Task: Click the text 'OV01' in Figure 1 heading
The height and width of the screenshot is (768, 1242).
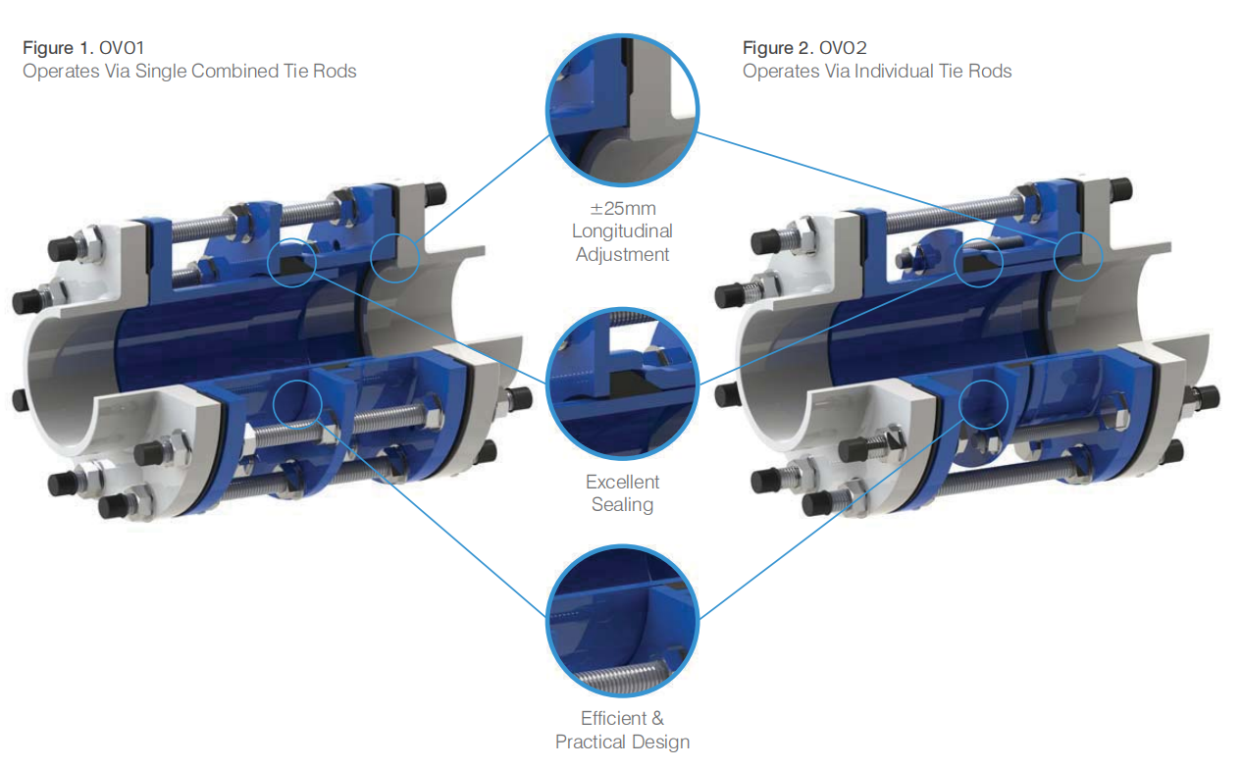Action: click(122, 48)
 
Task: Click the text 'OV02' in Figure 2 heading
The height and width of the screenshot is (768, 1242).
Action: click(843, 48)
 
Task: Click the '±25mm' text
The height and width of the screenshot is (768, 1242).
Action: click(623, 209)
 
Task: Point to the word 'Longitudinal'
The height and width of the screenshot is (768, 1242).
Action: click(622, 231)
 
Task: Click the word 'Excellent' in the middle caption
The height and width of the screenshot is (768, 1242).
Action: click(622, 482)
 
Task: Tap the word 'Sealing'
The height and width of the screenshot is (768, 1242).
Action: click(622, 504)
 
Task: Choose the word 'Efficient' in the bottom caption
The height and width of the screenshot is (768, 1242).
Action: click(613, 719)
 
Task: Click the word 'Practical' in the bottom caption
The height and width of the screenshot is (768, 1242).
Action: click(590, 742)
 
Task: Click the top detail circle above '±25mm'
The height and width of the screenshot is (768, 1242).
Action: click(623, 36)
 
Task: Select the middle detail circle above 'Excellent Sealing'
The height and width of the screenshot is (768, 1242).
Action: click(623, 310)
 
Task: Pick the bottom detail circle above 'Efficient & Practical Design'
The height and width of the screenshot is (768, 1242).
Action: click(623, 546)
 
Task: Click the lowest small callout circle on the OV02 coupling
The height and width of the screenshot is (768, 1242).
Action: click(983, 381)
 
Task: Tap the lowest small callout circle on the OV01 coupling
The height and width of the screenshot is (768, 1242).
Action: click(297, 381)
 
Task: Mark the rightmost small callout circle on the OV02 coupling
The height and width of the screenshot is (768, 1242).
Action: click(1078, 232)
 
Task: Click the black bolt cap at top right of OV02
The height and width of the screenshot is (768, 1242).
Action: click(1120, 189)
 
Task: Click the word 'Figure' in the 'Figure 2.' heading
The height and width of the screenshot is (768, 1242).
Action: click(768, 49)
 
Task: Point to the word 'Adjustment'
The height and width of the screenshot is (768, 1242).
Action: click(622, 254)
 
